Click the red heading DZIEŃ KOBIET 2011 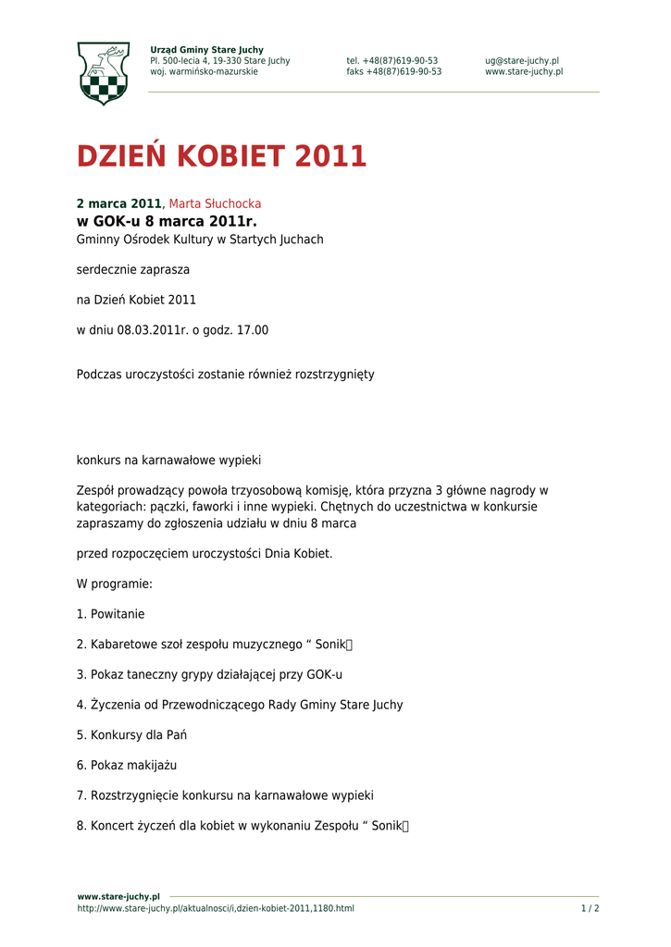click(x=221, y=157)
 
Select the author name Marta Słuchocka click(x=215, y=203)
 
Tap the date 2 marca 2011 click(x=118, y=203)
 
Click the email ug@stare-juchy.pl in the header click(x=521, y=61)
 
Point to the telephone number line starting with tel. click(x=391, y=61)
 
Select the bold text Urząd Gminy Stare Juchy click(x=206, y=50)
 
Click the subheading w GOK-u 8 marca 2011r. click(x=166, y=222)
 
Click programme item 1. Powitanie click(x=110, y=614)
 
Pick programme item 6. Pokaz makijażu click(x=126, y=766)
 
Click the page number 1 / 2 click(x=590, y=908)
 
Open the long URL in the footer click(x=215, y=908)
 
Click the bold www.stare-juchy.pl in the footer click(x=118, y=896)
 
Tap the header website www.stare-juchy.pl click(x=523, y=72)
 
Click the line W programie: click(x=114, y=584)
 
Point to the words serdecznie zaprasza click(x=132, y=270)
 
